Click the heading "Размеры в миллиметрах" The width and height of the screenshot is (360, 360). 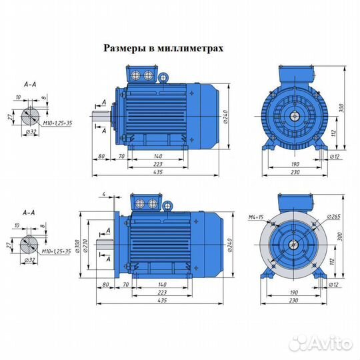click(x=163, y=48)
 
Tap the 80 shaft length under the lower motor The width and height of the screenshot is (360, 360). click(x=101, y=284)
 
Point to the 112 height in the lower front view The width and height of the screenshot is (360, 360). click(x=332, y=261)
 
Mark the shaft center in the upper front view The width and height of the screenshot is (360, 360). click(x=293, y=115)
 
